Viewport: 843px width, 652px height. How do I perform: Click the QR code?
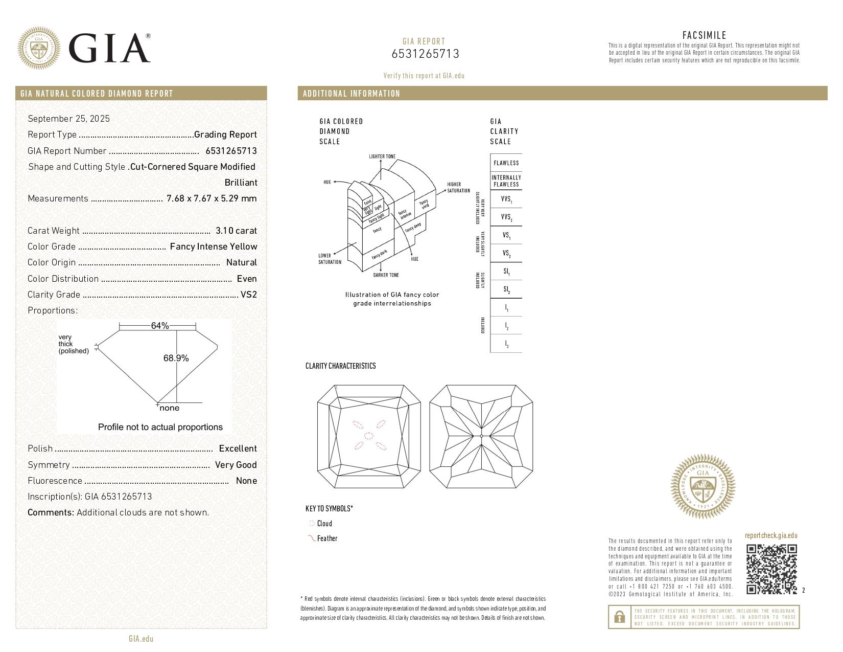click(771, 569)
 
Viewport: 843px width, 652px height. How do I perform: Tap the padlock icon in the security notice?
click(619, 617)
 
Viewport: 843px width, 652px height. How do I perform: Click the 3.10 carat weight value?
click(236, 231)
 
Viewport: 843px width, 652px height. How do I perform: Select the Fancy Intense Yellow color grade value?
click(213, 246)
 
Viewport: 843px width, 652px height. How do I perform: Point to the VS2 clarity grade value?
click(248, 295)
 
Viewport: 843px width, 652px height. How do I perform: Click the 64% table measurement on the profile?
click(159, 326)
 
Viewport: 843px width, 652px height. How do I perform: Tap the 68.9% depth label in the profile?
click(176, 358)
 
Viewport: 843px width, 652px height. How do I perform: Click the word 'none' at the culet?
click(169, 408)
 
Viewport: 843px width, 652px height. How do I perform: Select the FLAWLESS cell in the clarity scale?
click(506, 163)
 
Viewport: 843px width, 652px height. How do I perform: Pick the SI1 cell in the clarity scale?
click(506, 272)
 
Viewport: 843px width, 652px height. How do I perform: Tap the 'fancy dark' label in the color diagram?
click(380, 254)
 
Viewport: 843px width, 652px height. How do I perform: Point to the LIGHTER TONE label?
click(382, 156)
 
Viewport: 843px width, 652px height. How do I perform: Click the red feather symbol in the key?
click(311, 538)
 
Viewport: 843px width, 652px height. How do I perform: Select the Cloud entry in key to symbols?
click(324, 523)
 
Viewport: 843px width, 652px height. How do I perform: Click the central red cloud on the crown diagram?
click(368, 436)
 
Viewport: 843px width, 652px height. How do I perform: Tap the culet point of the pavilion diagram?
click(482, 436)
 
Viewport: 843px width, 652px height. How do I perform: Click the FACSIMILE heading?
click(704, 35)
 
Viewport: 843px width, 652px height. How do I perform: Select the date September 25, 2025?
click(68, 119)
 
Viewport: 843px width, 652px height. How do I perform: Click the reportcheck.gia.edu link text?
click(770, 535)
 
